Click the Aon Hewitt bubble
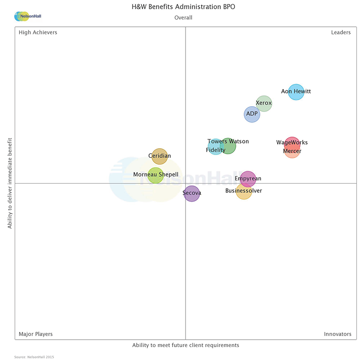tap(296, 92)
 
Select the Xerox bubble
tap(264, 103)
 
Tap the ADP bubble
tap(252, 114)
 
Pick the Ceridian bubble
tap(160, 156)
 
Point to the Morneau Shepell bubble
tap(156, 175)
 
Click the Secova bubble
tap(192, 193)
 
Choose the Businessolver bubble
tap(244, 191)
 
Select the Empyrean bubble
tap(248, 179)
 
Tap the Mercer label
tap(292, 151)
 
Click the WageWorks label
tap(292, 143)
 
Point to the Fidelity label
tap(216, 150)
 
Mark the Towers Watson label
tap(228, 142)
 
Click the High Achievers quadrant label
tap(38, 32)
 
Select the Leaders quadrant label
tap(341, 32)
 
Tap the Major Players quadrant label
tap(36, 334)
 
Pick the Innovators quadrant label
tap(337, 334)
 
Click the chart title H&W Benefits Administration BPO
tap(183, 7)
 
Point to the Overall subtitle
tap(183, 18)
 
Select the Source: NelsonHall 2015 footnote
tap(34, 357)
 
